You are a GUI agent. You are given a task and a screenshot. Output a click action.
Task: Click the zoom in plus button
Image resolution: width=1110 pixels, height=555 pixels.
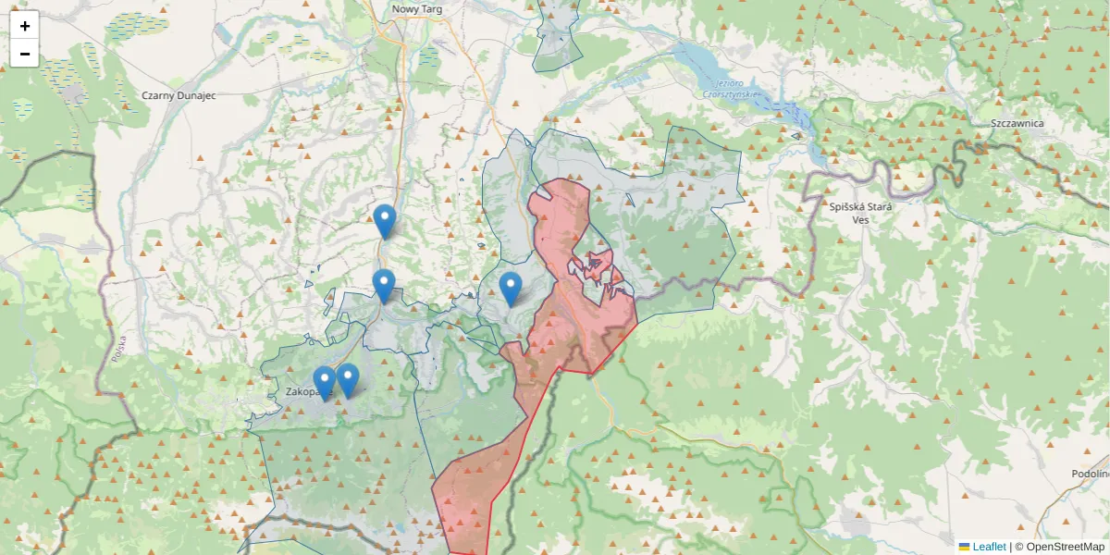point(25,26)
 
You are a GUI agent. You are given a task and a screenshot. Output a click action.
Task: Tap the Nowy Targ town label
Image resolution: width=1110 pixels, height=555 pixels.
point(416,8)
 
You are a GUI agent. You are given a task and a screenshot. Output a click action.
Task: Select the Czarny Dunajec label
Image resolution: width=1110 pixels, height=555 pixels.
point(179,94)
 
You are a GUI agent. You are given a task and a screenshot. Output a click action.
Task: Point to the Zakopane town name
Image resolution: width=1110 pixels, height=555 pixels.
point(302,391)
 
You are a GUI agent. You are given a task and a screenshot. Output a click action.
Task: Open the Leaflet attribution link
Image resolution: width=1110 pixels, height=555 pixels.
point(990,547)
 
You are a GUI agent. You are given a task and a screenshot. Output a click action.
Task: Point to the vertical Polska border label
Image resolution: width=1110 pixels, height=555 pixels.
point(118,347)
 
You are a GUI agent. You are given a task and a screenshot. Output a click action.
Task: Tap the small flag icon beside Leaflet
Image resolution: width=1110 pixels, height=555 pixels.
point(964,547)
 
